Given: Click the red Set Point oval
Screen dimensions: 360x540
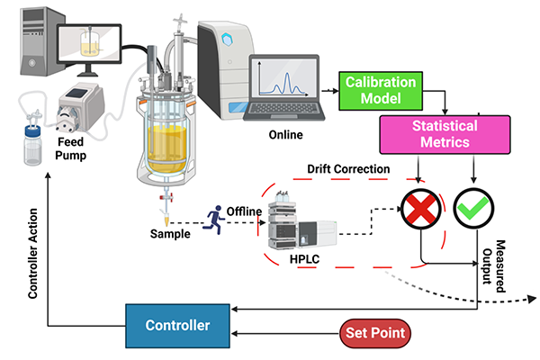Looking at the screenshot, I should pos(375,333).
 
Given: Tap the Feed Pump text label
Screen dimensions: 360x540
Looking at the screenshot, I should pos(76,148).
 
